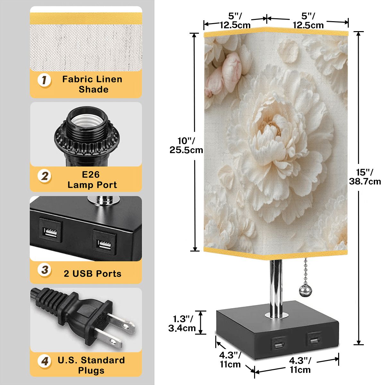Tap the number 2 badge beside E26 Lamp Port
(44, 176)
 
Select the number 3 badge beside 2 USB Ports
(44, 270)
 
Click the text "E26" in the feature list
(91, 175)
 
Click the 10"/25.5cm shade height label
(186, 145)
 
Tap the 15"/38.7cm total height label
(365, 176)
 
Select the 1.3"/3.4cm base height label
(182, 323)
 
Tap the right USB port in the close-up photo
(105, 242)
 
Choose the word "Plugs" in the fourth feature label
(91, 370)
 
